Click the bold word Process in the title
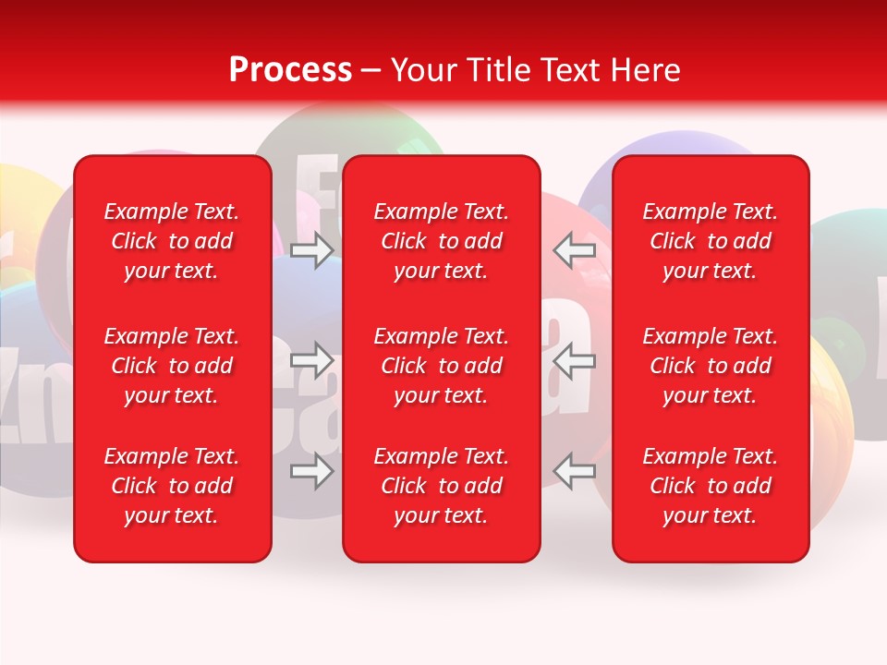pyautogui.click(x=290, y=70)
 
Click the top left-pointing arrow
pyautogui.click(x=575, y=250)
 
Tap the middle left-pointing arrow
pyautogui.click(x=575, y=360)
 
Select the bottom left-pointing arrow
pyautogui.click(x=575, y=471)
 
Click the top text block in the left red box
pyautogui.click(x=172, y=241)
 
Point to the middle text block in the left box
pyautogui.click(x=172, y=366)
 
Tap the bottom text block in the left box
pyautogui.click(x=172, y=486)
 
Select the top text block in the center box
pyautogui.click(x=441, y=241)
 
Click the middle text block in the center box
pyautogui.click(x=441, y=366)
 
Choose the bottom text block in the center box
pyautogui.click(x=441, y=486)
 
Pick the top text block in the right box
pyautogui.click(x=710, y=241)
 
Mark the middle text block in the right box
pyautogui.click(x=710, y=366)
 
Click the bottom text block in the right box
pyautogui.click(x=710, y=486)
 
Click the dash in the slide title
pyautogui.click(x=371, y=71)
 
